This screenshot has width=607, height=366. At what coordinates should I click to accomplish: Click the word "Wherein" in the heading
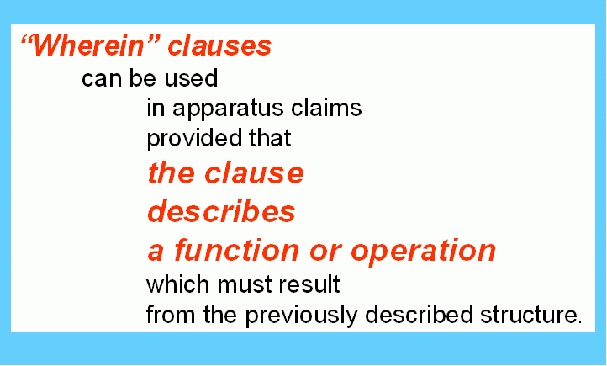(x=88, y=45)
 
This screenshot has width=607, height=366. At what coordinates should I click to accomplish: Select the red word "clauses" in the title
(x=219, y=45)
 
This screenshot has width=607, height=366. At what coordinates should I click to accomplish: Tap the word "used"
(x=191, y=78)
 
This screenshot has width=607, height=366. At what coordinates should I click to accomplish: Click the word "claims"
(x=326, y=108)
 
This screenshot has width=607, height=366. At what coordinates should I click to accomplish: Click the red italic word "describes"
(x=221, y=211)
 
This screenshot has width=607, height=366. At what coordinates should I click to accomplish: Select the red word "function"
(x=237, y=250)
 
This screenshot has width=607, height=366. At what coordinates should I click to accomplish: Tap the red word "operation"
(x=423, y=252)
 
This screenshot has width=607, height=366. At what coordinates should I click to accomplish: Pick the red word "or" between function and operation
(x=325, y=252)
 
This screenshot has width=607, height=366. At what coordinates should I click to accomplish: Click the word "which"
(x=178, y=284)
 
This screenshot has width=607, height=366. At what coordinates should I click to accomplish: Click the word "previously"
(x=301, y=316)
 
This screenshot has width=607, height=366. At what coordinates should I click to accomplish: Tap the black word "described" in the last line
(x=420, y=314)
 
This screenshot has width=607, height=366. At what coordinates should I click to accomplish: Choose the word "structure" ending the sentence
(x=529, y=316)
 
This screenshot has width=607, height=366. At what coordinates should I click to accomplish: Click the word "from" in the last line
(x=171, y=314)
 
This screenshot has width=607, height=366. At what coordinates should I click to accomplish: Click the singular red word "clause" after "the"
(x=255, y=174)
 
